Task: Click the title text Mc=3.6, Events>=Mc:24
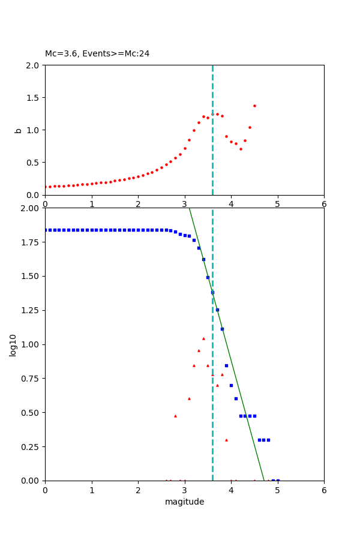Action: (x=97, y=54)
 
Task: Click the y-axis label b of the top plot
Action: (x=18, y=130)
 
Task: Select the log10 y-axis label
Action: (x=13, y=344)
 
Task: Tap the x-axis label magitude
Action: (x=184, y=502)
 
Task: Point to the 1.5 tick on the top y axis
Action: (x=34, y=97)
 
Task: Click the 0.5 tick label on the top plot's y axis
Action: (x=34, y=162)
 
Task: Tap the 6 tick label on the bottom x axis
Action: (x=324, y=490)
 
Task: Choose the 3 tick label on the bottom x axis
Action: (x=184, y=490)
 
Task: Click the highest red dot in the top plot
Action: (x=254, y=106)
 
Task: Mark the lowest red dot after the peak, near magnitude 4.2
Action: (x=241, y=149)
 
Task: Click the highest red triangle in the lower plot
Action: (x=203, y=338)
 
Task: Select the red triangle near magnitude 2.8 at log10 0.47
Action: (x=175, y=416)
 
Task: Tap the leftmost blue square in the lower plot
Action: (x=46, y=230)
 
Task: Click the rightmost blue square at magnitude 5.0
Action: (x=278, y=480)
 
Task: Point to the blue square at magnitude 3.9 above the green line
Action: (x=226, y=365)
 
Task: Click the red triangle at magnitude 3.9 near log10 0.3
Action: (x=226, y=440)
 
